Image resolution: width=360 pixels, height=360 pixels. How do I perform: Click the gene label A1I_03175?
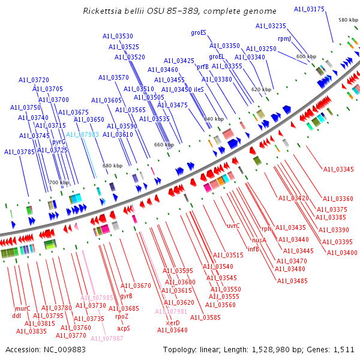click(x=310, y=9)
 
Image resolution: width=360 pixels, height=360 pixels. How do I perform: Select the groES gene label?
click(x=199, y=32)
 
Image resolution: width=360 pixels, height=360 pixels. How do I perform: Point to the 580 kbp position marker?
click(x=348, y=20)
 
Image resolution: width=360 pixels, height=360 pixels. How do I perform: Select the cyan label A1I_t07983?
click(x=82, y=135)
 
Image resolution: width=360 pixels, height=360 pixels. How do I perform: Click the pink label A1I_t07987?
click(x=107, y=338)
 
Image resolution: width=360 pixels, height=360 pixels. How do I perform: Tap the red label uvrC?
click(x=233, y=226)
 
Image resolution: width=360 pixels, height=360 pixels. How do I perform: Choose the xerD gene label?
click(x=164, y=323)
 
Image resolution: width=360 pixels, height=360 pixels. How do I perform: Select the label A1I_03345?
click(x=338, y=169)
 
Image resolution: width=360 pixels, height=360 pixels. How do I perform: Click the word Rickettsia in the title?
click(x=106, y=11)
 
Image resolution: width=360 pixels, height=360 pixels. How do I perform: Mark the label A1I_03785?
click(x=20, y=152)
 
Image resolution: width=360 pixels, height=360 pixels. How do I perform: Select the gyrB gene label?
click(x=126, y=296)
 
